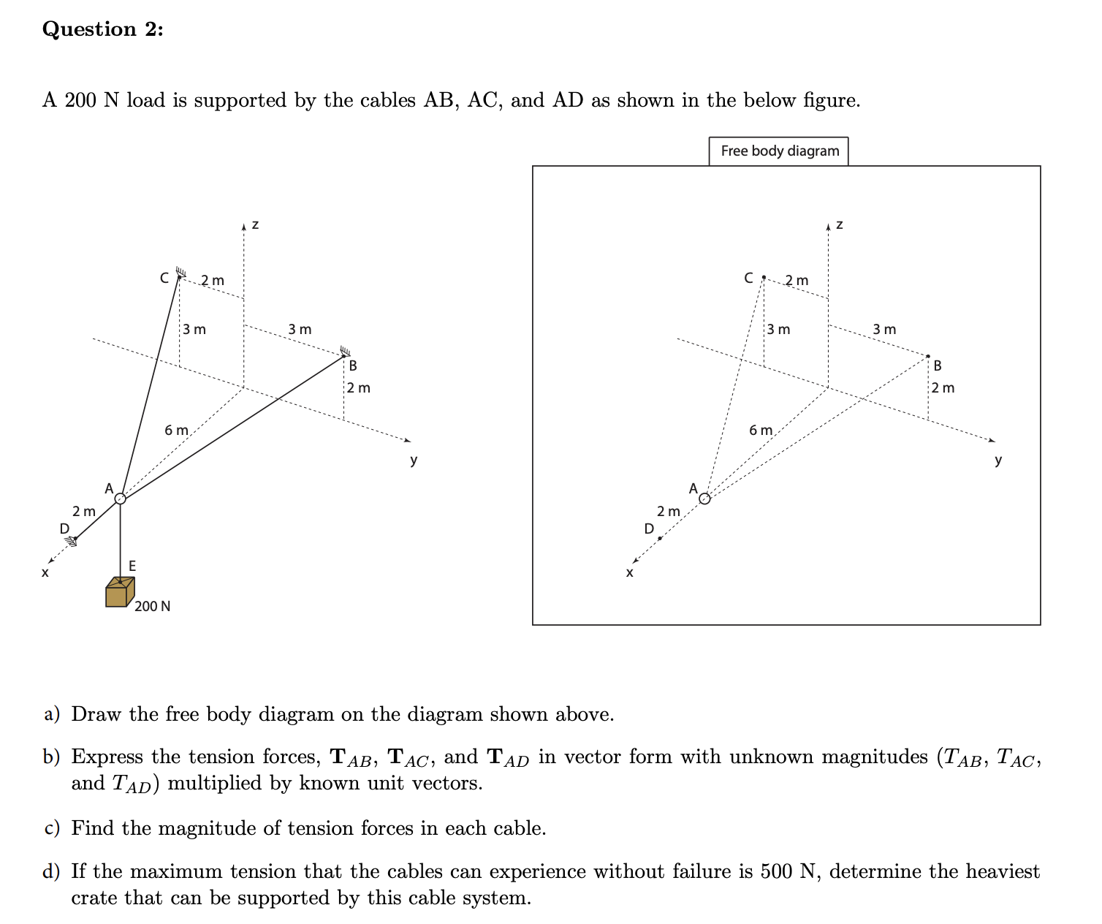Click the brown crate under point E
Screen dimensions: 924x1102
(119, 593)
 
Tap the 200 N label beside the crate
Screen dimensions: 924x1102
(153, 606)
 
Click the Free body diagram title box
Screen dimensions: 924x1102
(779, 151)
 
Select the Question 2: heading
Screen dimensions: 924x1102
(103, 29)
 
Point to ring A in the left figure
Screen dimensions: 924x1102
(121, 499)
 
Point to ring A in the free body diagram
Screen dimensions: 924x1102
(704, 499)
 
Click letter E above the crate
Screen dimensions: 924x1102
(132, 566)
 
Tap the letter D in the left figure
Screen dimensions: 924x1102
(64, 528)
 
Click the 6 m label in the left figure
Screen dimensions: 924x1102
(176, 430)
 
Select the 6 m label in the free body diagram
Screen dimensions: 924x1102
(761, 430)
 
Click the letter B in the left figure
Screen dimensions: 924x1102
(353, 365)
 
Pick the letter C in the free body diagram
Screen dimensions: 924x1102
(748, 278)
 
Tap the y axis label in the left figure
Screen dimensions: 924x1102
(414, 460)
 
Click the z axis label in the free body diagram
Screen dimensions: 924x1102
(839, 224)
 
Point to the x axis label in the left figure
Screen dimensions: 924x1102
(45, 572)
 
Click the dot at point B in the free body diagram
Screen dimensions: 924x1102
(928, 356)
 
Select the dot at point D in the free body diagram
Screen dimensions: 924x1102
(660, 539)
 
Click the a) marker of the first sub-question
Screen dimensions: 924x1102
(52, 714)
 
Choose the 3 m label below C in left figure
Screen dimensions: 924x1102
(194, 329)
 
